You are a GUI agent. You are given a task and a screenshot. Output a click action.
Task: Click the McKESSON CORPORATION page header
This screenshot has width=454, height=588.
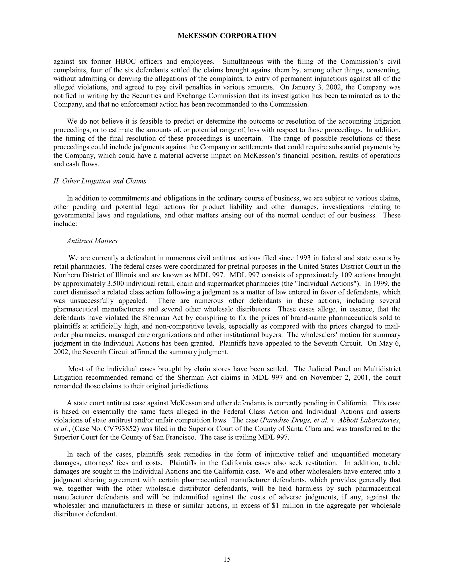pyautogui.click(x=227, y=36)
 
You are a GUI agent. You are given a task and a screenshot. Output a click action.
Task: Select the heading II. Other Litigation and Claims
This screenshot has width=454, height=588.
pyautogui.click(x=100, y=181)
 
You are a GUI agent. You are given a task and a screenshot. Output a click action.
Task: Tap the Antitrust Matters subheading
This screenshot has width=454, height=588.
pyautogui.click(x=92, y=241)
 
